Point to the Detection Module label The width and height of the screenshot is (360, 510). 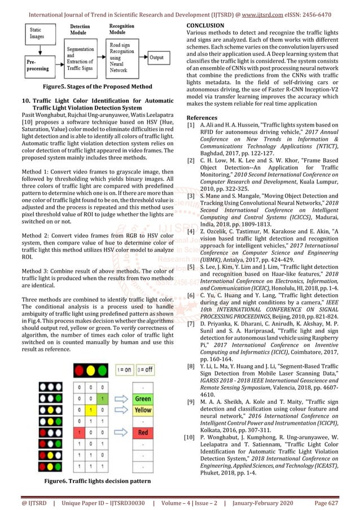click(x=80, y=29)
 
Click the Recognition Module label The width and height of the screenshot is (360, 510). click(x=122, y=29)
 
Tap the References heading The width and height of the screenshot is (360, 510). click(x=202, y=117)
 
